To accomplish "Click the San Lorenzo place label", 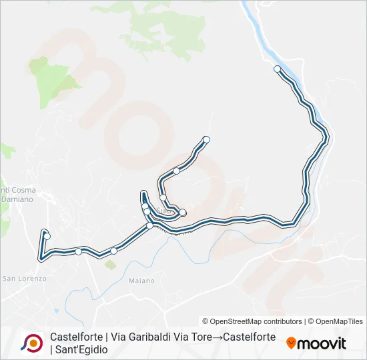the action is [24, 278].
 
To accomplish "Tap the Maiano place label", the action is [141, 281].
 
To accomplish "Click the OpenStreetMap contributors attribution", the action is [252, 321].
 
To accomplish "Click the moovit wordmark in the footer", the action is [322, 343].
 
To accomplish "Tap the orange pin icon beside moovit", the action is [291, 343].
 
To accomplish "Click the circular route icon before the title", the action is [31, 343].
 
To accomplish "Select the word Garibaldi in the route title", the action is [131, 337].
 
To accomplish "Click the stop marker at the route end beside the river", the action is [277, 69].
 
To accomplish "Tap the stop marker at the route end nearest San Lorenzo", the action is [47, 236].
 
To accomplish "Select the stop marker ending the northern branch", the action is [206, 139].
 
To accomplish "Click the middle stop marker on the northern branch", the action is [176, 171].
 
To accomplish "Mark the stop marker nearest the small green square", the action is [113, 251].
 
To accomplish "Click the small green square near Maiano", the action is [110, 265].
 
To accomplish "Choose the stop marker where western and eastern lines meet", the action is [149, 225].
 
